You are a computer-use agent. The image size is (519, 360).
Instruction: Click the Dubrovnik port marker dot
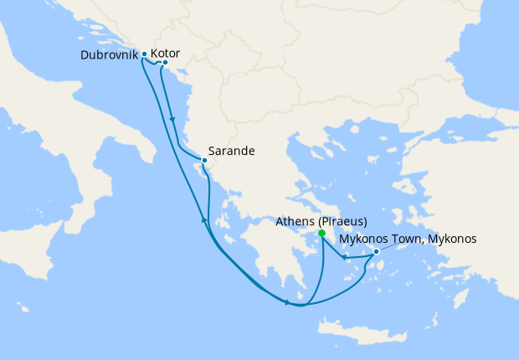(144, 54)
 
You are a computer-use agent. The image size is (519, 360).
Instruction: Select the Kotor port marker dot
(165, 63)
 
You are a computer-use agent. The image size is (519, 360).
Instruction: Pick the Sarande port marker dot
(203, 160)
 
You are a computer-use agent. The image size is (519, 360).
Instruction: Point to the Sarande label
(232, 152)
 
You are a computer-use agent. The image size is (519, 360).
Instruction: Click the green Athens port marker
(321, 234)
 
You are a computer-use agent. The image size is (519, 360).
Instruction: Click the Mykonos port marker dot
(376, 251)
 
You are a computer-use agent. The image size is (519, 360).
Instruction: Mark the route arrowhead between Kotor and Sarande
(172, 120)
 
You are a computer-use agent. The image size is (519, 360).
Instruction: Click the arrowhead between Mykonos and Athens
(345, 257)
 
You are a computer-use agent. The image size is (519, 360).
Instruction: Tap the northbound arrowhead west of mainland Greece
(203, 219)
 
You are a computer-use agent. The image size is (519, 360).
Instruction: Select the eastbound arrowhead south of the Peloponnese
(287, 302)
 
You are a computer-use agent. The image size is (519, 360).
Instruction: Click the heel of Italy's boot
(151, 159)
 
